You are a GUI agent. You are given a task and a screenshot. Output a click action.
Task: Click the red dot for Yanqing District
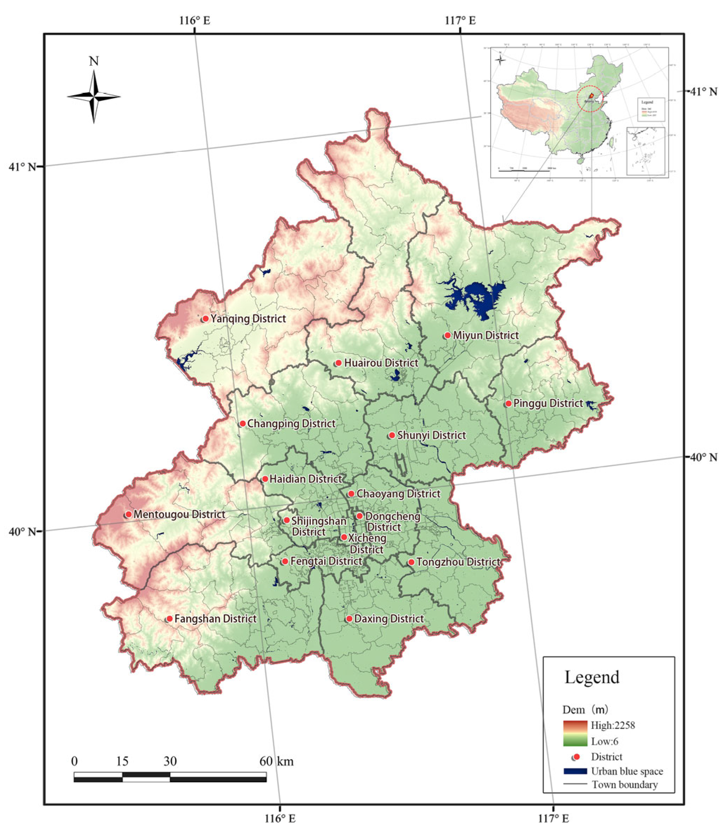point(205,319)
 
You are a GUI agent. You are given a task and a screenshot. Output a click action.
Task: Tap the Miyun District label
point(486,335)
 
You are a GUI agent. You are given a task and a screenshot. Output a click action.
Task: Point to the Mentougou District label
point(179,514)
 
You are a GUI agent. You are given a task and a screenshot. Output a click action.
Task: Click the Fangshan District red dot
point(170,618)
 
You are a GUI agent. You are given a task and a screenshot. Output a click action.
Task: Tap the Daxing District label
point(389,618)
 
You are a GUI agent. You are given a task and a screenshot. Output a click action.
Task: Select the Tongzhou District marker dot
point(411,562)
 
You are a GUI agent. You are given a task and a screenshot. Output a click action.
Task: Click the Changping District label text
point(291,423)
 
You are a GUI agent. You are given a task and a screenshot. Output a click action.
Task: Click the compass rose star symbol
point(94,97)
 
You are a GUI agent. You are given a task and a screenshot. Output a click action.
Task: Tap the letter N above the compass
point(94,62)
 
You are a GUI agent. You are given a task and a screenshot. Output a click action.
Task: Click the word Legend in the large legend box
point(591,678)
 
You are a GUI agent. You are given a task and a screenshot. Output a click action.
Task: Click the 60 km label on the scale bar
point(277,761)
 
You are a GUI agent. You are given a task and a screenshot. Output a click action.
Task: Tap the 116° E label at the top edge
point(195,20)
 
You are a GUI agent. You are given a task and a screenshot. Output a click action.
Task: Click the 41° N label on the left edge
point(22,166)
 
